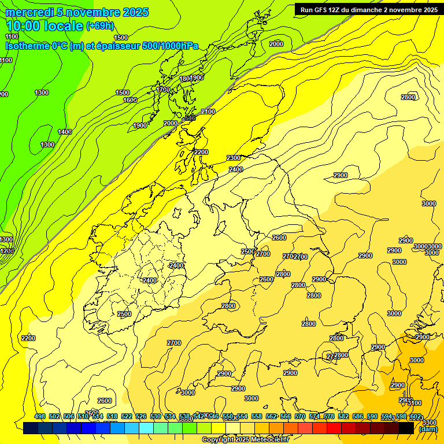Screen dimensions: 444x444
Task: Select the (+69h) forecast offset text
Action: (100, 25)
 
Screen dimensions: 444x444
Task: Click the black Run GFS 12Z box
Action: (368, 9)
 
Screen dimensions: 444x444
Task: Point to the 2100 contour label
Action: (208, 112)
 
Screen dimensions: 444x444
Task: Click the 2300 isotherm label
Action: (234, 158)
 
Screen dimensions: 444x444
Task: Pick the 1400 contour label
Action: (65, 132)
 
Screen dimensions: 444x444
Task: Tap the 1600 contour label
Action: (129, 100)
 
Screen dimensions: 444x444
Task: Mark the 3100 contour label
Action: (415, 403)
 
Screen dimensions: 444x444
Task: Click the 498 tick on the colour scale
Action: (40, 416)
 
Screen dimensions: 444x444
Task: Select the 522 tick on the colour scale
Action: (127, 416)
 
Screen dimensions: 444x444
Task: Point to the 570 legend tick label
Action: (300, 416)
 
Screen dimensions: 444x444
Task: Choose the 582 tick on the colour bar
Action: (343, 416)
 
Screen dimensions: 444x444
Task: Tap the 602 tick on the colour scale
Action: (415, 416)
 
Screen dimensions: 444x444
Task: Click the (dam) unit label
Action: (428, 429)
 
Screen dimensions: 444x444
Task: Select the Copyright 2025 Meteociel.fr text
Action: (245, 440)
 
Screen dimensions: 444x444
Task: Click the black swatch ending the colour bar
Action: (406, 428)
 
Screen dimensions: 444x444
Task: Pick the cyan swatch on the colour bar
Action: (146, 428)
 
